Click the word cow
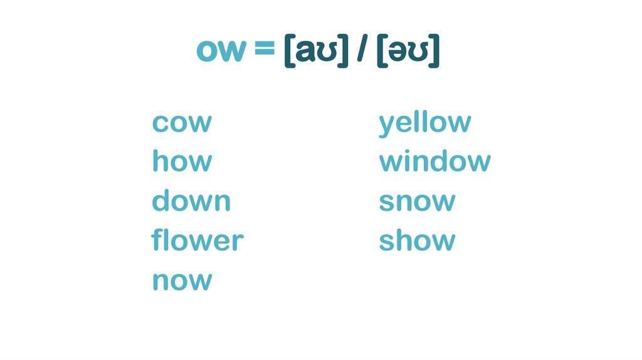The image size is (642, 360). point(182,123)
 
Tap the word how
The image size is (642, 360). point(182,162)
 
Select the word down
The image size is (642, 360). point(191,201)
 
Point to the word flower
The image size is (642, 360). point(197,240)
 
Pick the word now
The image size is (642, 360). point(182,280)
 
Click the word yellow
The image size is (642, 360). point(424,123)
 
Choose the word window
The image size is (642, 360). point(434,162)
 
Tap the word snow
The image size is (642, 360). point(417,201)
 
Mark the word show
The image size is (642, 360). point(417,240)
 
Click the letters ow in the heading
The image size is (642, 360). point(220,50)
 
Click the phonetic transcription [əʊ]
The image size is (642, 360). point(408,51)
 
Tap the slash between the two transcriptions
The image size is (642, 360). point(362,51)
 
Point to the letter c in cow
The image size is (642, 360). point(160,124)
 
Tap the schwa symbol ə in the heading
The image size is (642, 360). point(400,52)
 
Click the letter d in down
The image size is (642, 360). point(162,201)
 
